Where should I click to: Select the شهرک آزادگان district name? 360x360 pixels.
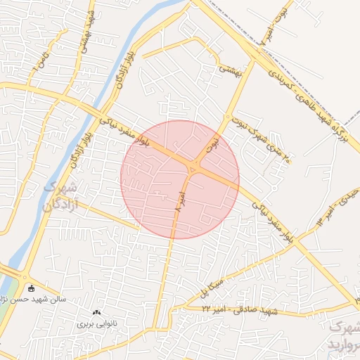[59, 197]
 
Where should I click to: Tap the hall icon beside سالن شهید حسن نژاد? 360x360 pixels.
[30, 288]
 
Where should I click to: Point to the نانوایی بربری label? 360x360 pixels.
[95, 325]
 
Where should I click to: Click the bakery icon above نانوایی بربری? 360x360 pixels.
[96, 312]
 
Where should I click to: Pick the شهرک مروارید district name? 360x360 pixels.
[345, 336]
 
